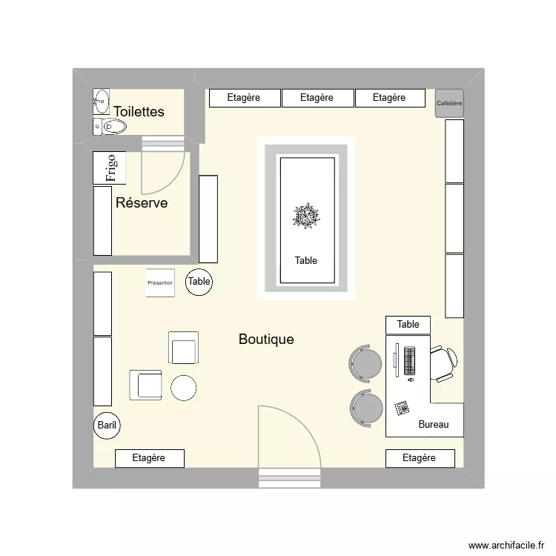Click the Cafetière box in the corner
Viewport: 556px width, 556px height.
[x=449, y=103]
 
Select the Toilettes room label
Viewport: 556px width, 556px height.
[x=139, y=112]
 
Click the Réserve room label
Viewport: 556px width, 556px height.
[x=142, y=203]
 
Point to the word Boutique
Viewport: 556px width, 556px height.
[x=266, y=340]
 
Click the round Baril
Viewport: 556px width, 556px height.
[x=107, y=426]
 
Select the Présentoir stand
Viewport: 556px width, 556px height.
[x=160, y=283]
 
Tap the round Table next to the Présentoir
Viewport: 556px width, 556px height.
[x=199, y=282]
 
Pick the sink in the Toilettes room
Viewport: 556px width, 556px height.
[x=101, y=99]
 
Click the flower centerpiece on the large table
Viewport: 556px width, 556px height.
[x=306, y=216]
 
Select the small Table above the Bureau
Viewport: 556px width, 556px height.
[x=408, y=325]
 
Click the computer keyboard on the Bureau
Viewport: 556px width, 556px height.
[x=409, y=360]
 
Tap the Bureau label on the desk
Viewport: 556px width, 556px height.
[x=433, y=425]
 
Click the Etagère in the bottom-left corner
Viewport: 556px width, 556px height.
[x=149, y=458]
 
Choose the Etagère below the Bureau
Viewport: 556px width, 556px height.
[x=420, y=458]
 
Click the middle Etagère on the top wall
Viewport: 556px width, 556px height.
[x=317, y=98]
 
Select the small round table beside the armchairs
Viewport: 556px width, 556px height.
[x=183, y=388]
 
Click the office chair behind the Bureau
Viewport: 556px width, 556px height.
[x=444, y=363]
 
